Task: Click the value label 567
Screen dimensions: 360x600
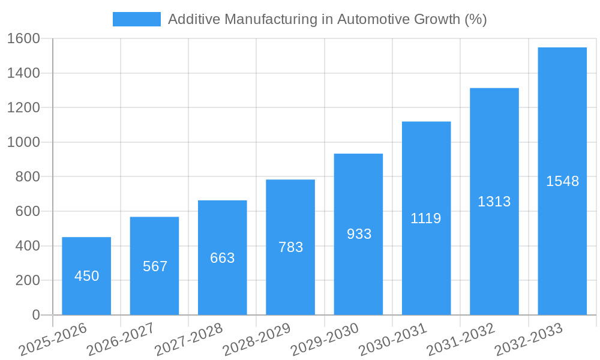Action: click(155, 266)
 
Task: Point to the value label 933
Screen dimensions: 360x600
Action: click(359, 234)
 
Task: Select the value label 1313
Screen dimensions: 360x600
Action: click(494, 202)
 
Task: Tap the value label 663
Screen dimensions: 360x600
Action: click(223, 258)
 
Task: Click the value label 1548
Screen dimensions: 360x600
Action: click(562, 181)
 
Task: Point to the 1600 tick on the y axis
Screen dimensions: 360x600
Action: click(23, 38)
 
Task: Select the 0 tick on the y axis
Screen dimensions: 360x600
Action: click(36, 315)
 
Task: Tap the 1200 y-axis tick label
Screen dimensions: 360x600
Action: click(23, 108)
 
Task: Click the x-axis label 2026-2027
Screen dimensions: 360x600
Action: click(121, 340)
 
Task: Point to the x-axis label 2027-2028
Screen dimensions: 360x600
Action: click(188, 340)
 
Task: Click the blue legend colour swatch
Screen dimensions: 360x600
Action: click(137, 19)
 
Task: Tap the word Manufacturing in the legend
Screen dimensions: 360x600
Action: click(269, 19)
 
